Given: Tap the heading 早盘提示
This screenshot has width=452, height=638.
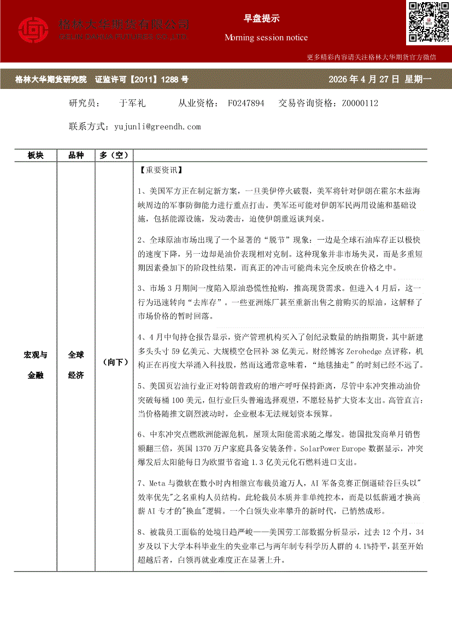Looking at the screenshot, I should click(261, 18).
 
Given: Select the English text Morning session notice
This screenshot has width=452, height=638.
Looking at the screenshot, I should click(266, 38).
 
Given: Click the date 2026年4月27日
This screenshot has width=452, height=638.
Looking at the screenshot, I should click(364, 80).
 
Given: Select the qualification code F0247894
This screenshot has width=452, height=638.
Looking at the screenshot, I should click(246, 103).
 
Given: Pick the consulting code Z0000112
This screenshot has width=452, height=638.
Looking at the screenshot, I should click(360, 103).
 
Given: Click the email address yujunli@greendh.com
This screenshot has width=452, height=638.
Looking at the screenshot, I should click(158, 127).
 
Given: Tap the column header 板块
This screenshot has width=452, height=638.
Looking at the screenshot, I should click(36, 155).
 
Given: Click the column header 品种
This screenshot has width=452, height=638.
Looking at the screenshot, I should click(76, 155).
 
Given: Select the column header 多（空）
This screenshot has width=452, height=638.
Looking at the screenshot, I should click(114, 155).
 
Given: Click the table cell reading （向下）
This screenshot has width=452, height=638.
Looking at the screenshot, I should click(114, 362).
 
